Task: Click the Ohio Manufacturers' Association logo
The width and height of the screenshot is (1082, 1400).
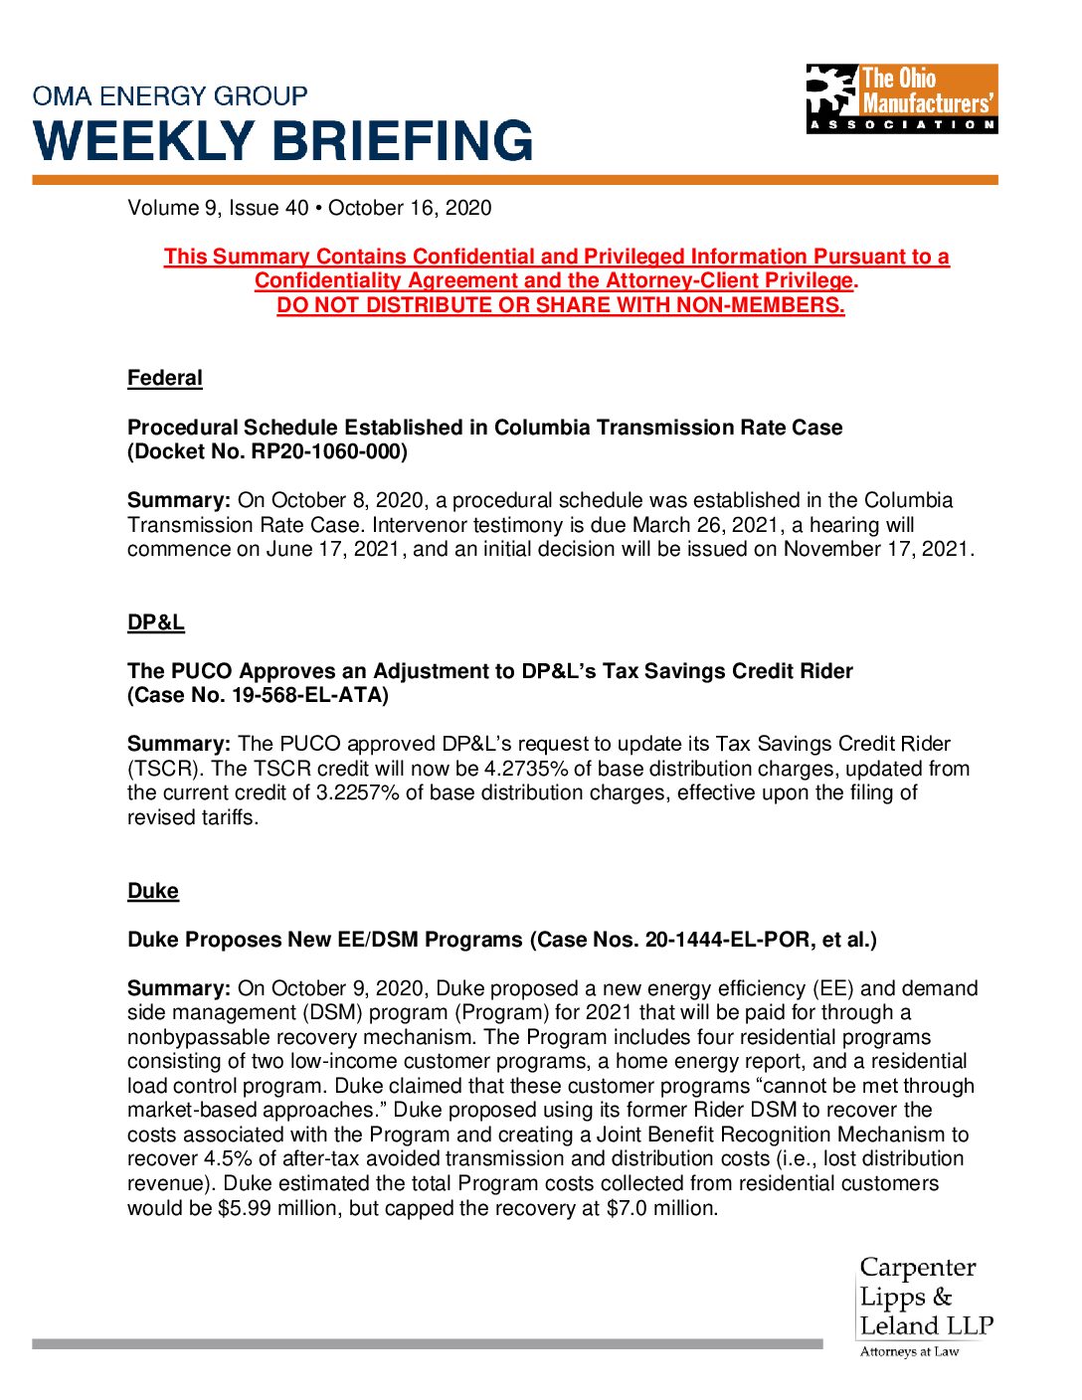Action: [901, 98]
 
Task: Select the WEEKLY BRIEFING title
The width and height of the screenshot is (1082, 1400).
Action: [283, 141]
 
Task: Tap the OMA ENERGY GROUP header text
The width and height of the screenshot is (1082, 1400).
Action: [170, 96]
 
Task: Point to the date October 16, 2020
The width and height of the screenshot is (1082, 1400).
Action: [410, 208]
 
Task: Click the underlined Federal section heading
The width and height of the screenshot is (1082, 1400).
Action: [165, 379]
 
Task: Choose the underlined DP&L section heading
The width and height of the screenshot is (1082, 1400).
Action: [156, 622]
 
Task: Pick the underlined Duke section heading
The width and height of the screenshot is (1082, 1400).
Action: [153, 891]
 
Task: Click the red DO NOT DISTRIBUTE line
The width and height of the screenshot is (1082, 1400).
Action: [561, 305]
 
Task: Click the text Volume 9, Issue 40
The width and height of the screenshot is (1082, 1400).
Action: [218, 208]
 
